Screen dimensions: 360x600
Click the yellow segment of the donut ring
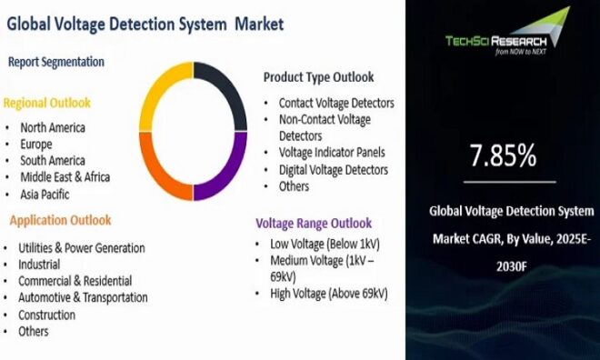[159, 86]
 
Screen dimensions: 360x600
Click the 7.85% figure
[502, 157]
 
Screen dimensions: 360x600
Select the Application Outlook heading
[61, 220]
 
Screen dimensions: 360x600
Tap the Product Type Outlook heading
[319, 77]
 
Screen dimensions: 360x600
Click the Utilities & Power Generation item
[82, 247]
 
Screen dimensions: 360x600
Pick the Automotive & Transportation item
[83, 297]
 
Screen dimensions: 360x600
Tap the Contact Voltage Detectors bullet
[336, 104]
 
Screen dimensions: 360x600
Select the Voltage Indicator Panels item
[332, 153]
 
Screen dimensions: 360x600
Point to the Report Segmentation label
[56, 62]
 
